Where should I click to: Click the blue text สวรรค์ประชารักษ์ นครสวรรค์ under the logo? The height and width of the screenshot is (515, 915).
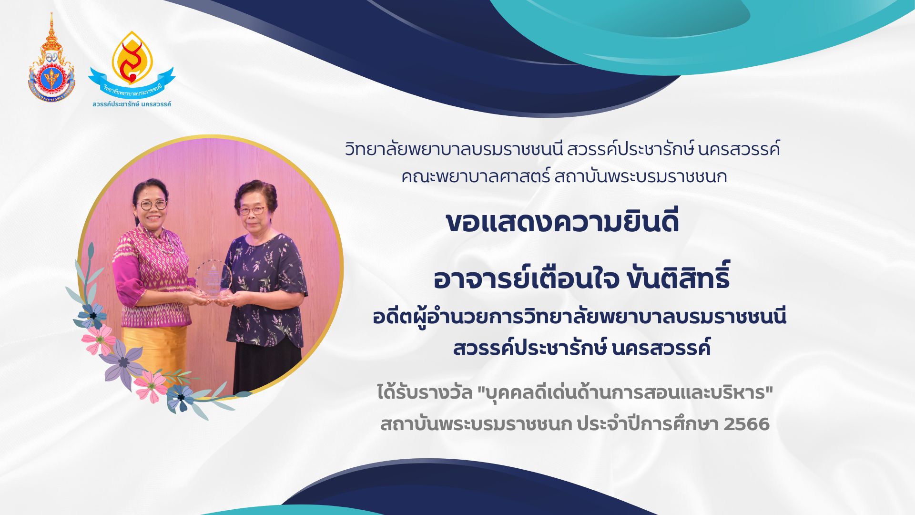[x=132, y=104]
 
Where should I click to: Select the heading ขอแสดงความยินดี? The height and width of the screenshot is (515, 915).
[x=562, y=221]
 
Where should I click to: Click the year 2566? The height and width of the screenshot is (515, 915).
[x=746, y=424]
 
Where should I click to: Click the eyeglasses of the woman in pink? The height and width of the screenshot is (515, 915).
[x=152, y=205]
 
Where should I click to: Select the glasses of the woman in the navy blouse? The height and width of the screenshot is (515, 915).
[x=252, y=210]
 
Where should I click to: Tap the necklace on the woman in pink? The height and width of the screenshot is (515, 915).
[x=161, y=241]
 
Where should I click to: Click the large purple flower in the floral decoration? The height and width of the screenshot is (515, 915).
[x=123, y=361]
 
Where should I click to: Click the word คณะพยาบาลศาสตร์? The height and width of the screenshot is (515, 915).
[x=475, y=177]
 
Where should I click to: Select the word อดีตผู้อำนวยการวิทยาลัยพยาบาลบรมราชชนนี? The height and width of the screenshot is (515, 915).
[x=579, y=317]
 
